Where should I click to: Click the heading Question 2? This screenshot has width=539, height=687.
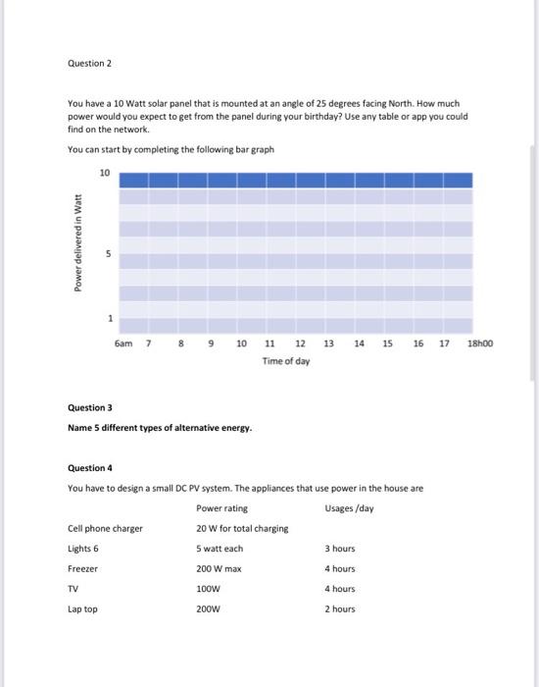coord(90,63)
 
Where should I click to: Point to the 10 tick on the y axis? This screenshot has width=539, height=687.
coord(105,174)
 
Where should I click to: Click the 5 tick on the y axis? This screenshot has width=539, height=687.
coord(110,254)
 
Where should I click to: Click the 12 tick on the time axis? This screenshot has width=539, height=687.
coord(300,344)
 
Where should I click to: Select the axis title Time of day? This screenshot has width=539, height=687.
coord(286,362)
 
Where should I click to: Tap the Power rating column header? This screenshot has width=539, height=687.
coord(221,508)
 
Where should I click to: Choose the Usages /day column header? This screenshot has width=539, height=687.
coord(349,508)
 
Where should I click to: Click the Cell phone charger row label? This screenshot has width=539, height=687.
coord(105,529)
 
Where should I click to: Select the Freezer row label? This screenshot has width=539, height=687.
coord(82,569)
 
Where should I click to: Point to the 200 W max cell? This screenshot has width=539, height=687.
coord(220,569)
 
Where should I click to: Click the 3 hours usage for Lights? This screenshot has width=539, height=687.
coord(340,549)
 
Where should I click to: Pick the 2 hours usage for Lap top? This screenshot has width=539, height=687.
coord(340,609)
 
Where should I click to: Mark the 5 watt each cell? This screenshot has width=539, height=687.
coord(220,549)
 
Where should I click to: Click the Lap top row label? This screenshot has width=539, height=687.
coord(82,609)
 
